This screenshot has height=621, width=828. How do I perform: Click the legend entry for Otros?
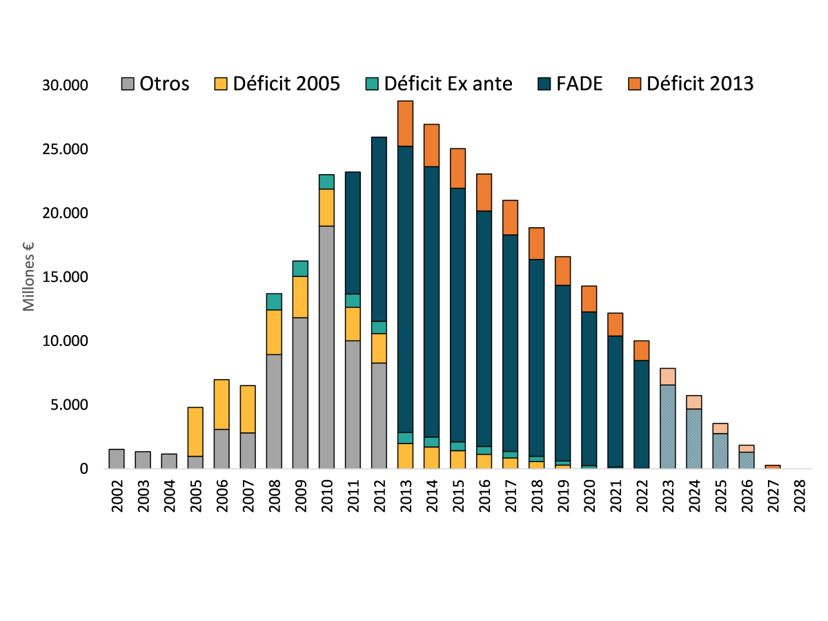(x=156, y=84)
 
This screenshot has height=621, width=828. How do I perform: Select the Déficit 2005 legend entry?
(x=277, y=84)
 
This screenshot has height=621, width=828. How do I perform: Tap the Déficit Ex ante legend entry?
(x=440, y=84)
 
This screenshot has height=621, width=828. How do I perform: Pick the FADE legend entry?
(x=571, y=84)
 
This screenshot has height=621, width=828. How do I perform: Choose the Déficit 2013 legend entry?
(x=691, y=84)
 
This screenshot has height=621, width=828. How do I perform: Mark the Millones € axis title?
(x=30, y=276)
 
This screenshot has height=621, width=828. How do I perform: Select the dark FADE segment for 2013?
(x=406, y=290)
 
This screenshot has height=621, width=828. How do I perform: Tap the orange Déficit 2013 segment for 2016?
(x=484, y=192)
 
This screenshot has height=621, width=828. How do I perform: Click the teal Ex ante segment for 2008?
(x=274, y=302)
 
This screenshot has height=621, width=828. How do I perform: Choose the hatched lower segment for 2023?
(x=668, y=427)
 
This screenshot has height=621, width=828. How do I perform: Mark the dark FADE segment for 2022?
(x=642, y=414)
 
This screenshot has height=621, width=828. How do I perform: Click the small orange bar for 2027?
(x=773, y=467)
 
